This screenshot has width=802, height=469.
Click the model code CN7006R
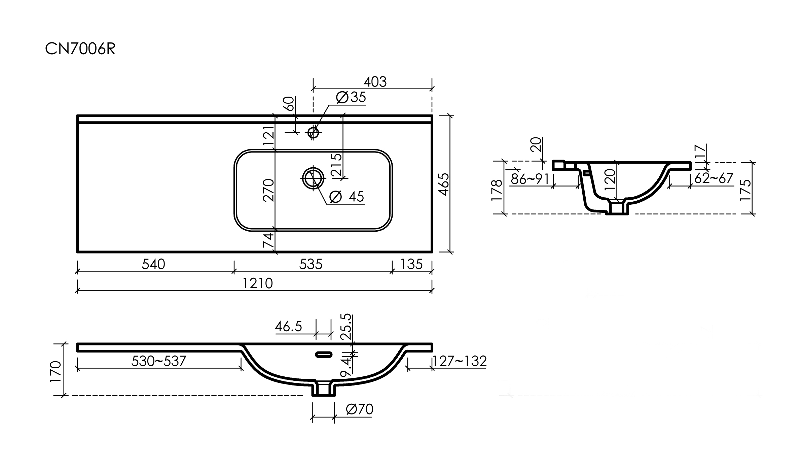click(80, 49)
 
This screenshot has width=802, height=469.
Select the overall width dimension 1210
click(257, 283)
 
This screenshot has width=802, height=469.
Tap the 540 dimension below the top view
click(153, 264)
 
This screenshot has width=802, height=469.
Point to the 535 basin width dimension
click(311, 264)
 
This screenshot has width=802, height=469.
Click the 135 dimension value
click(411, 264)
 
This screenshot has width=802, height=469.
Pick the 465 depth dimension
click(444, 185)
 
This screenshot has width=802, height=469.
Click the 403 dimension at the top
click(375, 81)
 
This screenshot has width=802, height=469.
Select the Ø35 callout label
click(351, 97)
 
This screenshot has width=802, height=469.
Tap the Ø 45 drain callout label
click(347, 197)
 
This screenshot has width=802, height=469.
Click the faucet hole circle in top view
click(313, 133)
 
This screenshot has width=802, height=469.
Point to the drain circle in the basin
click(313, 178)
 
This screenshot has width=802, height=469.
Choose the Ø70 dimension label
click(359, 409)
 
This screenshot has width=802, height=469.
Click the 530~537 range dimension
click(158, 361)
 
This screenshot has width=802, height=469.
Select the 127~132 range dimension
click(460, 361)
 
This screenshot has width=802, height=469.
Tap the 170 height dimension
click(56, 371)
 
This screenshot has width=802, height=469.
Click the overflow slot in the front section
click(324, 355)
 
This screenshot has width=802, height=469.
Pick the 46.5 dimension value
click(289, 326)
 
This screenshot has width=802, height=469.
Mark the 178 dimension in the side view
click(497, 190)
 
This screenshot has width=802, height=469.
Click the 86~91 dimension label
click(530, 179)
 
